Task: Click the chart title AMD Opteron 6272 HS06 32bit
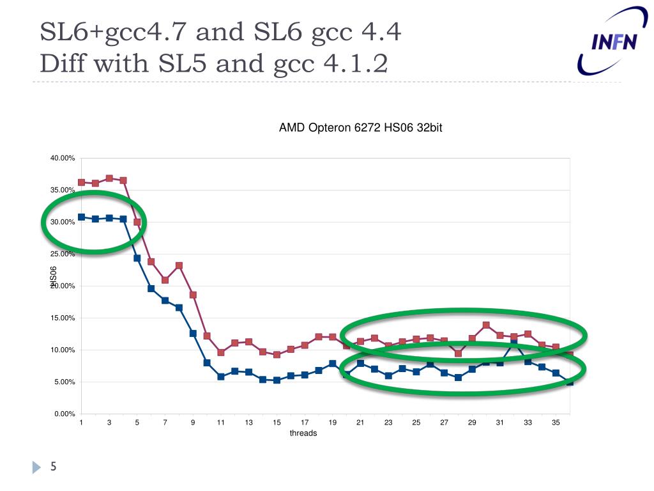[x=360, y=128]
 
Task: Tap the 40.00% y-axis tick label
[x=63, y=158]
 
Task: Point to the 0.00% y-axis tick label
[x=65, y=414]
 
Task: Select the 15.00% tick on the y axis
[x=63, y=318]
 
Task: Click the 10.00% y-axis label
[x=63, y=350]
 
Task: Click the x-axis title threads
[x=303, y=433]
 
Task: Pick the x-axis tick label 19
[x=333, y=423]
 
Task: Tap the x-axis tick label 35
[x=556, y=423]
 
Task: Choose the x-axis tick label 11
[x=221, y=423]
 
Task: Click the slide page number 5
[x=54, y=467]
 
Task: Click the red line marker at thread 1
[x=81, y=182]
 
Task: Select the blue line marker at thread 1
[x=81, y=217]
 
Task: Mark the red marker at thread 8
[x=179, y=265]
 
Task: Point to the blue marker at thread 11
[x=221, y=377]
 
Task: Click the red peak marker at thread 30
[x=486, y=325]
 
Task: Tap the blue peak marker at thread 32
[x=514, y=343]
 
